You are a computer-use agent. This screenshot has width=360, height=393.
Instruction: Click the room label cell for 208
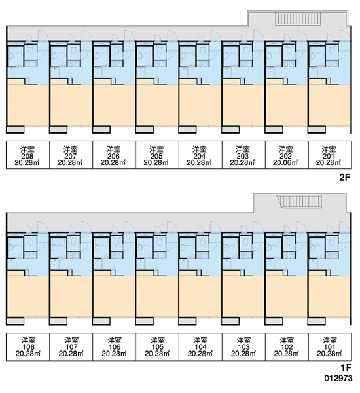[27, 155]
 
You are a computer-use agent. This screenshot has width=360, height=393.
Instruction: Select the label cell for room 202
[287, 155]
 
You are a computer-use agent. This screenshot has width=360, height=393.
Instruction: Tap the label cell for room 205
[157, 155]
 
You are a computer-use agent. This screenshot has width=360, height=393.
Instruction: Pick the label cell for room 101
[330, 347]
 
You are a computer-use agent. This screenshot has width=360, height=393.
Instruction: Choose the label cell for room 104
[200, 347]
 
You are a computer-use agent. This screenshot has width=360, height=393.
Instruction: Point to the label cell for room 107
[71, 347]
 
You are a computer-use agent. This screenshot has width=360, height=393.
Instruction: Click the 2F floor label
[344, 178]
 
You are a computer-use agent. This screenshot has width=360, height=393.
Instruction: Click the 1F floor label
[346, 368]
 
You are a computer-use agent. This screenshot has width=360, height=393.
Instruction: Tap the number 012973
[338, 378]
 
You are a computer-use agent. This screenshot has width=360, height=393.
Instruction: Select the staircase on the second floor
[298, 19]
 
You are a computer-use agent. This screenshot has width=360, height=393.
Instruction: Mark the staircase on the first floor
[299, 202]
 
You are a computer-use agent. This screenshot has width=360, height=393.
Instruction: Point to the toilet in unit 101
[333, 241]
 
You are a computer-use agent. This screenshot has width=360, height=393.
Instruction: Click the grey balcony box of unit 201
[317, 130]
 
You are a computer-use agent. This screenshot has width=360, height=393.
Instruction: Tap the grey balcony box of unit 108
[15, 321]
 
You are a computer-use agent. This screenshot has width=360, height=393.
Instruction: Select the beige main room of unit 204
[200, 105]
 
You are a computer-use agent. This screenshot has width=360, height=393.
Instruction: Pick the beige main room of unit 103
[243, 297]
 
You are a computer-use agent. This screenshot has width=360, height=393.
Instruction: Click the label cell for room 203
[243, 155]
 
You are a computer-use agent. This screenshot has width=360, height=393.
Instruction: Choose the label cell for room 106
[115, 347]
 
